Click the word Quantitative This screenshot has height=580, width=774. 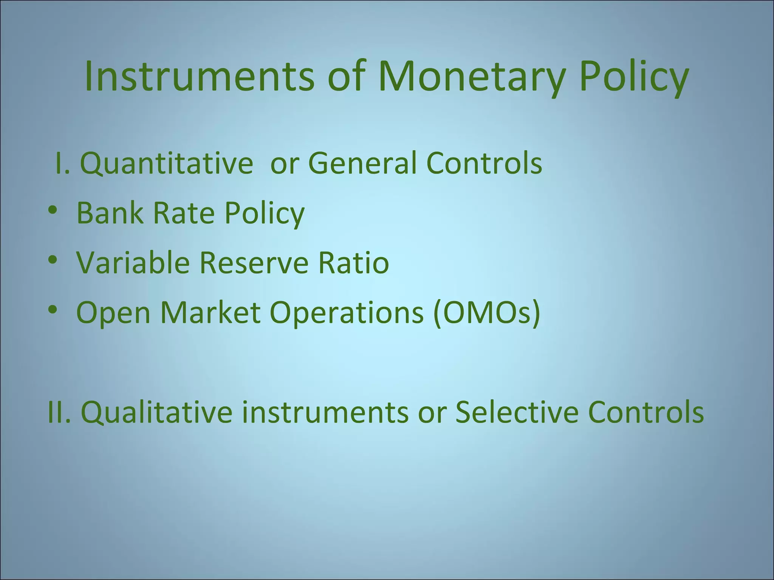pyautogui.click(x=166, y=164)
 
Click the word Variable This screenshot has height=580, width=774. pyautogui.click(x=133, y=263)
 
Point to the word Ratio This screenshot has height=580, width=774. pyautogui.click(x=353, y=263)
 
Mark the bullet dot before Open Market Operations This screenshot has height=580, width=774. pyautogui.click(x=53, y=310)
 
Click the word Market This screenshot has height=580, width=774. pyautogui.click(x=210, y=313)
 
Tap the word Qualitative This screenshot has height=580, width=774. pyautogui.click(x=156, y=412)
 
